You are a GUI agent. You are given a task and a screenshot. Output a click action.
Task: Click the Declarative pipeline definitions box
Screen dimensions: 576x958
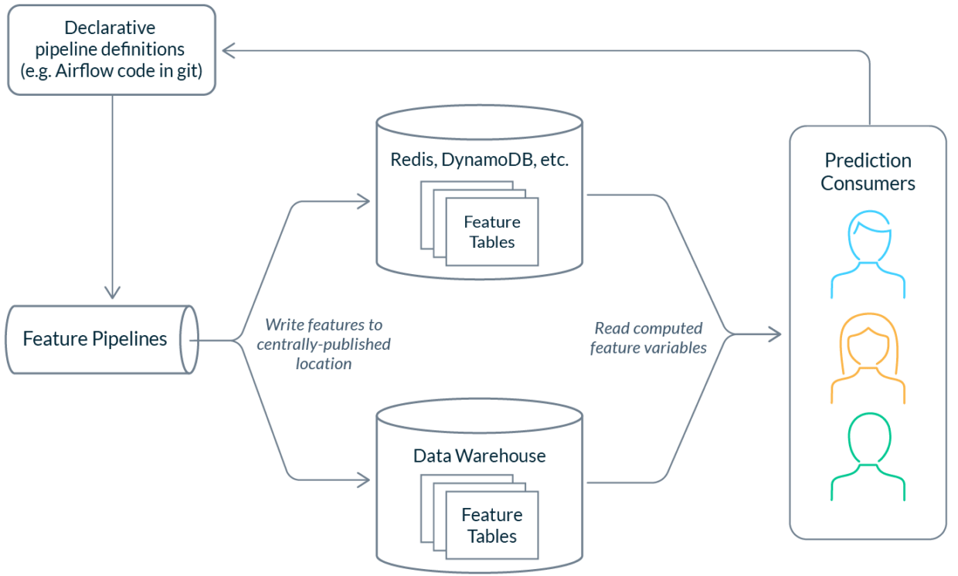point(110,49)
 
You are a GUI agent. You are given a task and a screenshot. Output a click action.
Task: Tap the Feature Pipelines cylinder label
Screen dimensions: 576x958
point(94,339)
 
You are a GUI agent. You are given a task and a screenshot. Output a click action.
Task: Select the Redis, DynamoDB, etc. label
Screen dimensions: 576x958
point(480,161)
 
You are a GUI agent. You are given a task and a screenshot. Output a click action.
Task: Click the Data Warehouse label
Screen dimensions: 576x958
point(480,456)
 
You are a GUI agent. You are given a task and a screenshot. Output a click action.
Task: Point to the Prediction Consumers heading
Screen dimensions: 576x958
point(868,171)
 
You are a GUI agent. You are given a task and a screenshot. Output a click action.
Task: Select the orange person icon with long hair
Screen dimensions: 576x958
point(868,361)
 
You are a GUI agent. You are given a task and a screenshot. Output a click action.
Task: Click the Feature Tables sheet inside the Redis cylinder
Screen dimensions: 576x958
point(492,232)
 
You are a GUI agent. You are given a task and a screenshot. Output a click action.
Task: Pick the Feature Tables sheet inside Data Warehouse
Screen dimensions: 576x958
point(492,525)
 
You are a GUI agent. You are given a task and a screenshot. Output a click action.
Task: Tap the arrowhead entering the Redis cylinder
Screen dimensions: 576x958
point(363,202)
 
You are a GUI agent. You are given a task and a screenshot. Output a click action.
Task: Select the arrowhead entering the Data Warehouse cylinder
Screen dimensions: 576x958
point(363,481)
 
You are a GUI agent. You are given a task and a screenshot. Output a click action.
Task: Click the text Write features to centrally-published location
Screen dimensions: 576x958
point(324,344)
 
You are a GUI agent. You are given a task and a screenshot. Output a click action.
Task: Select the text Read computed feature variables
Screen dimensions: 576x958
point(649,338)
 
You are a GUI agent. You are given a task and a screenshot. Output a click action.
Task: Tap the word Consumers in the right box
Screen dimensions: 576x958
point(868,184)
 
